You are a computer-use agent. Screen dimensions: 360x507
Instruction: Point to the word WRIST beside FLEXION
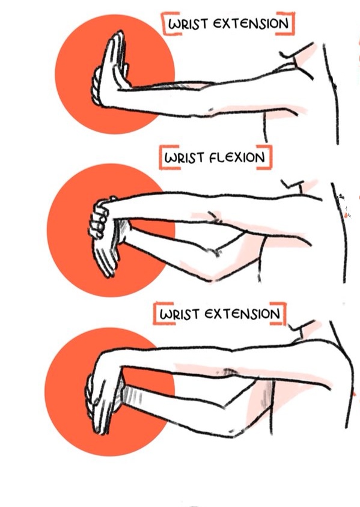tap(184, 158)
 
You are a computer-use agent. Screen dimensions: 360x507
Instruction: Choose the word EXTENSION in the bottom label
tap(242, 314)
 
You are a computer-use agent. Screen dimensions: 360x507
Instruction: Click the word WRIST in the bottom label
tap(179, 315)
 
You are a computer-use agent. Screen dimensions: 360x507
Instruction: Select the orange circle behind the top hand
tap(115, 74)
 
